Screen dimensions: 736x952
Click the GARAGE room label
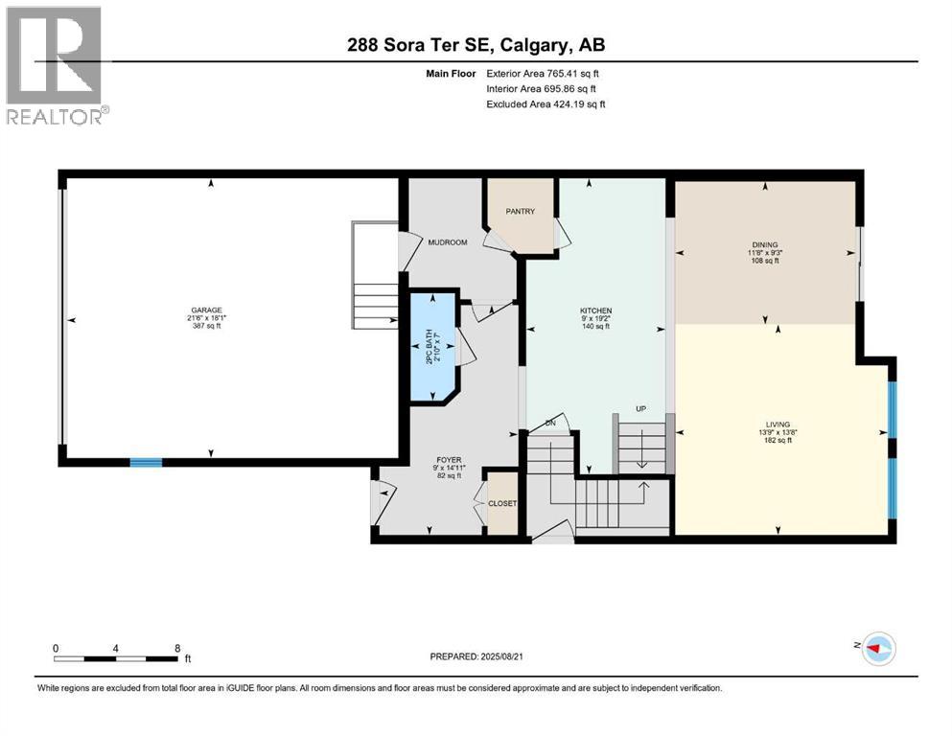206,310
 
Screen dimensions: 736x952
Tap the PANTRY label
521,212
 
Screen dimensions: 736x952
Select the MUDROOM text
448,242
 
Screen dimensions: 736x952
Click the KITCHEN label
594,310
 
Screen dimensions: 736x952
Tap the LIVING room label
778,424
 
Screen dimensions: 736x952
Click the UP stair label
641,408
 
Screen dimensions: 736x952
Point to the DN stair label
551,422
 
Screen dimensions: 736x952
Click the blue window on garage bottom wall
146,463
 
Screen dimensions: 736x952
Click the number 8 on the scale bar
178,647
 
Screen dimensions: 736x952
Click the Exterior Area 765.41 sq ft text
546,73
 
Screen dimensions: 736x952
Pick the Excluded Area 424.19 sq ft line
546,103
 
